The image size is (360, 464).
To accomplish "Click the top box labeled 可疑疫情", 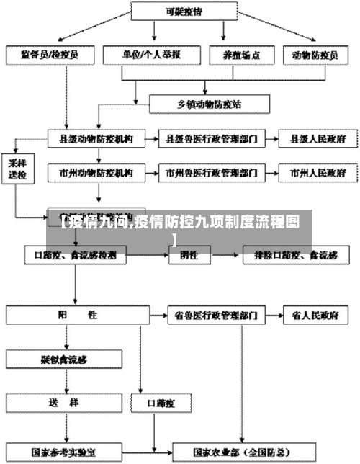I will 183,12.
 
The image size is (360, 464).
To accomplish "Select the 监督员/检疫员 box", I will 50,54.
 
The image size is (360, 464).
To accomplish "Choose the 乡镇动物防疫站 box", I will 210,104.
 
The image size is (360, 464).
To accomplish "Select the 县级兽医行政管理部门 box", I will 212,137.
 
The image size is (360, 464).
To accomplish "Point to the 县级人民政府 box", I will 316,137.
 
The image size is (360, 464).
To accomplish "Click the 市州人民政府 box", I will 317,173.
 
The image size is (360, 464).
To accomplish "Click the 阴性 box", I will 189,255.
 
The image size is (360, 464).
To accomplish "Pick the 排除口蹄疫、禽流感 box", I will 300,255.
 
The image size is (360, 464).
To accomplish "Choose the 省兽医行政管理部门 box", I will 212,315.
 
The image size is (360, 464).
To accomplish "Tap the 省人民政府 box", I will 315,315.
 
